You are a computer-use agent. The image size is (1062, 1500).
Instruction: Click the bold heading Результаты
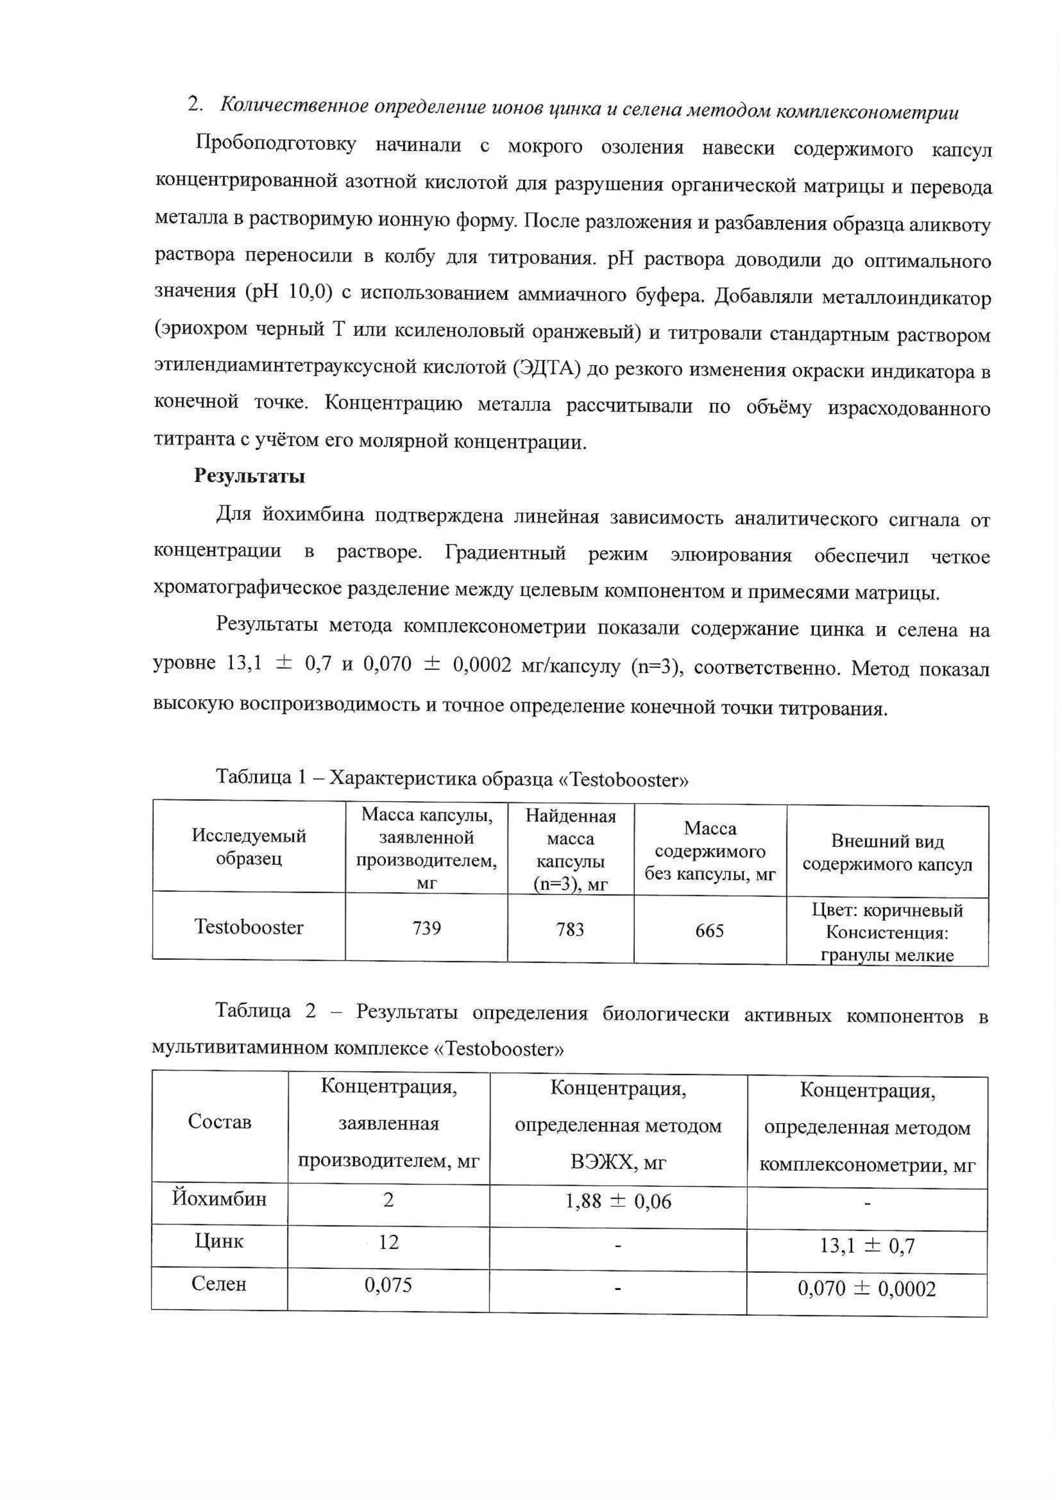[x=249, y=476]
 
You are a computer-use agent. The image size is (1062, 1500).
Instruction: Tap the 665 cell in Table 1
[x=710, y=931]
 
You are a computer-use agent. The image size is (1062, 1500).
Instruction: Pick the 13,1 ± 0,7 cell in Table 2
[x=867, y=1246]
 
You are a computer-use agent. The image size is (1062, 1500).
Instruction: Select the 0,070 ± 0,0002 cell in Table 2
[x=867, y=1289]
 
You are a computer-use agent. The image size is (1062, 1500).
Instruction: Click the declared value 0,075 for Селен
[x=389, y=1285]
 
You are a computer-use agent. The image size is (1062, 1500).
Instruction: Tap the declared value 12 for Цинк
[x=389, y=1242]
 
